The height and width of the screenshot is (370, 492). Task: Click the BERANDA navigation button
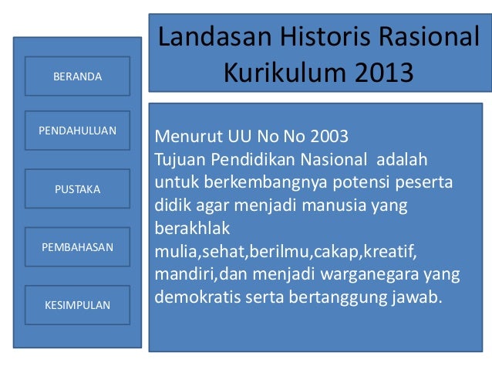(x=76, y=76)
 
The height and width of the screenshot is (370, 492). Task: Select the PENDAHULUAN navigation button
(x=76, y=131)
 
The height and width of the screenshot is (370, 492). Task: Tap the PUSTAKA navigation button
(x=76, y=188)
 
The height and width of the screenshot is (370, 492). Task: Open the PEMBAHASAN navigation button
(x=76, y=247)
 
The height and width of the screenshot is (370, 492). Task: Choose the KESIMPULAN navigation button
(x=76, y=305)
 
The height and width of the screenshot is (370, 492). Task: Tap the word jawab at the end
(x=420, y=297)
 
